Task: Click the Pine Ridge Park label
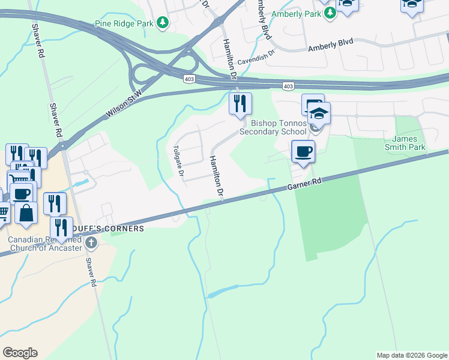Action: (x=124, y=23)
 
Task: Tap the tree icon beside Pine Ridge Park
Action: (x=161, y=23)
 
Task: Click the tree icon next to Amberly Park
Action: (x=330, y=13)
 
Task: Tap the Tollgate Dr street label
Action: (x=178, y=161)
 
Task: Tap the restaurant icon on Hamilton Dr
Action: (x=240, y=104)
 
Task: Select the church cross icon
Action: (x=91, y=242)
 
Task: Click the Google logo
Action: (x=20, y=353)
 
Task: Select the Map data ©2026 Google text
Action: (x=412, y=355)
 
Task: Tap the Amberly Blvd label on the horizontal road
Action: (x=330, y=45)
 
